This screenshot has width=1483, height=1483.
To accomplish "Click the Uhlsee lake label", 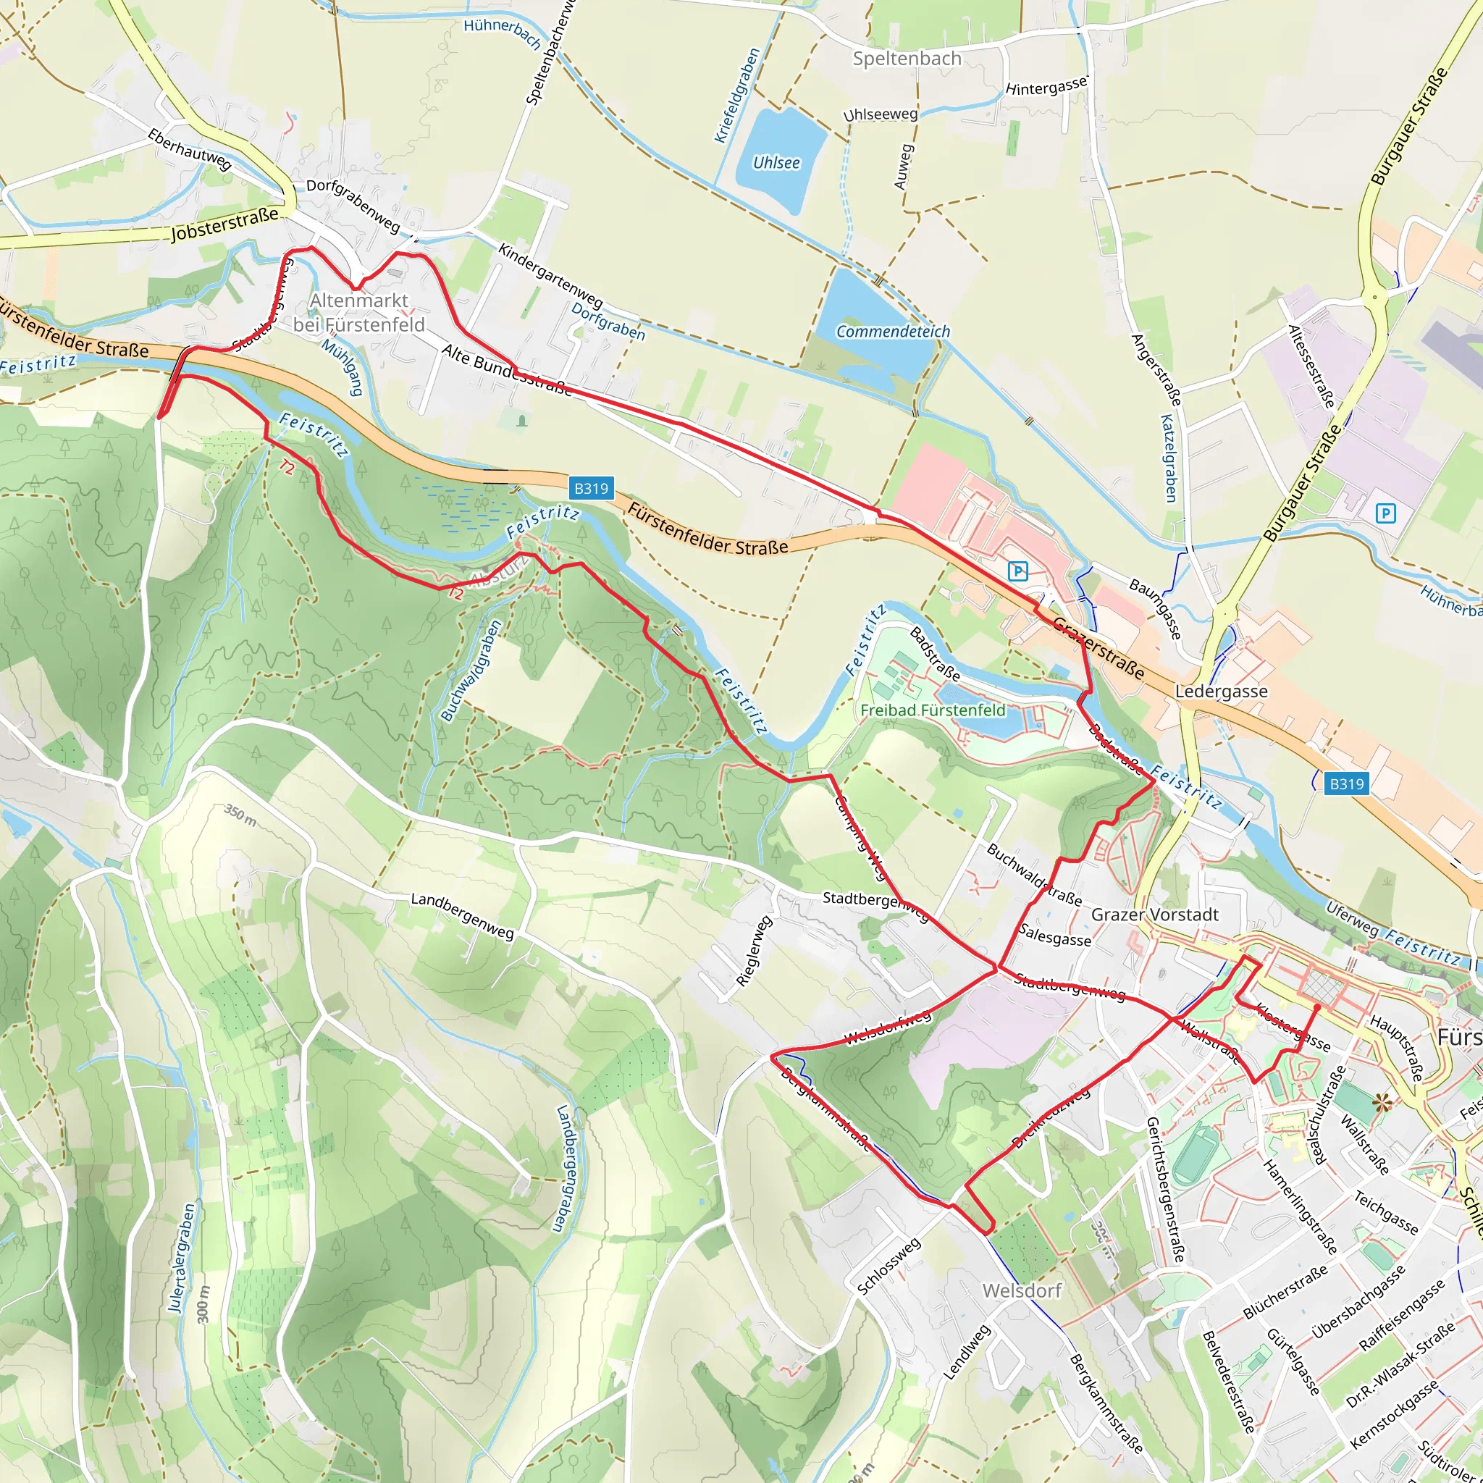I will click(776, 163).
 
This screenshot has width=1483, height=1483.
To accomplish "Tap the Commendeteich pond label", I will click(893, 332).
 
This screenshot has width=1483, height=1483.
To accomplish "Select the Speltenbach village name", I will click(907, 59).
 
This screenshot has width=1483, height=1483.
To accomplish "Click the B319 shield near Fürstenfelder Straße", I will click(591, 488).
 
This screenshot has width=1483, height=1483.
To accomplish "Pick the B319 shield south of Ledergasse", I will click(1346, 783).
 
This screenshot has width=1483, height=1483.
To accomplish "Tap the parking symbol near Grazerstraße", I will click(1018, 571).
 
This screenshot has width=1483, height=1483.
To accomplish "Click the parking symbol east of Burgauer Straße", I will click(1385, 513).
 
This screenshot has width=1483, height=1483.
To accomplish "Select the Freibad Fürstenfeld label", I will click(933, 710).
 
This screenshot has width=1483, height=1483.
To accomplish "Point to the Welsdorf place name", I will click(1022, 1290).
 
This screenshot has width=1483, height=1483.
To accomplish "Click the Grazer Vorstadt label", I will click(1154, 915).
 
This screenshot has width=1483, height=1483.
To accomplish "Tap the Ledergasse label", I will click(1222, 691).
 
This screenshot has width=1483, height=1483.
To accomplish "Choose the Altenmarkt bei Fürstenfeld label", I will click(359, 312).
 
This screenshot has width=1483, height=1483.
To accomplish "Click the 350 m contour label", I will click(240, 815).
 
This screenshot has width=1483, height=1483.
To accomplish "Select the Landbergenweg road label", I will click(462, 915).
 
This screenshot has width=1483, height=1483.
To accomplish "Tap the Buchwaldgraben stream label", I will click(471, 670).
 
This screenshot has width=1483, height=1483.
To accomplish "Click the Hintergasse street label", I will click(1046, 87).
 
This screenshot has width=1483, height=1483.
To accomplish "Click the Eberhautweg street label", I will click(190, 149).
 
